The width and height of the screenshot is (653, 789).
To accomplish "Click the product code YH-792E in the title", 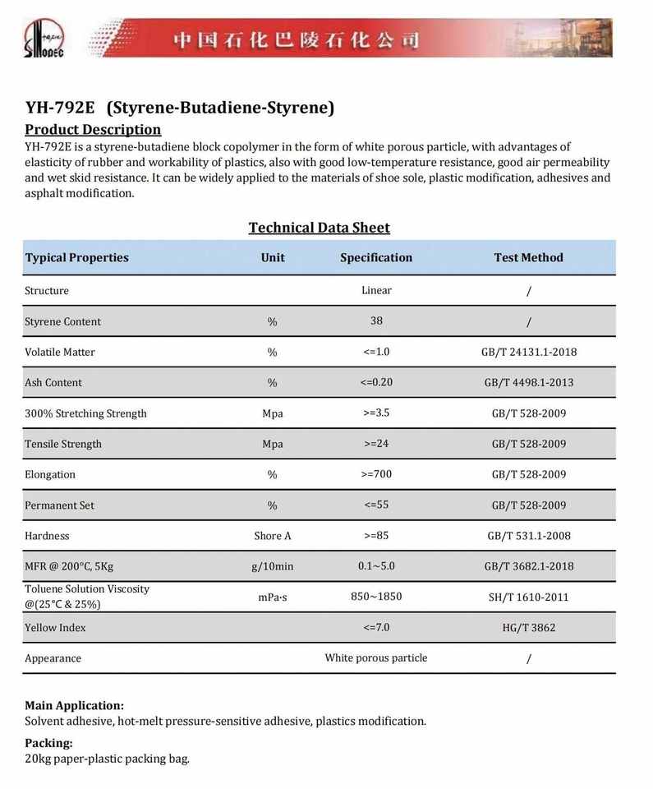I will pos(60,108).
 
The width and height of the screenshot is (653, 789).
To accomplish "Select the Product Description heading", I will pos(93,129).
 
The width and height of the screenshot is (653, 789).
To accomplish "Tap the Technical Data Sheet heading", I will pos(319,228).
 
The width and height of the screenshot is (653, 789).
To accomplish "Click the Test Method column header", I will pos(528,257).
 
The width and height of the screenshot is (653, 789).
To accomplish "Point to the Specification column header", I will pos(376,257).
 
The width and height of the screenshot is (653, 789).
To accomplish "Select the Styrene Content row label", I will pos(62,321).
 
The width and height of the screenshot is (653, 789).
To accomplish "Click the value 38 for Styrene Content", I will pos(376,321).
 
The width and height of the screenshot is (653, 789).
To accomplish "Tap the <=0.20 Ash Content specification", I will pos(376,382).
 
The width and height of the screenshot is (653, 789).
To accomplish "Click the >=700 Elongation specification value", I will pos(376,474).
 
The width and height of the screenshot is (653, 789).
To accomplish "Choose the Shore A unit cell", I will pos(273,536).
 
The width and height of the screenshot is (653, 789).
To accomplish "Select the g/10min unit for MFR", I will pos(273,566).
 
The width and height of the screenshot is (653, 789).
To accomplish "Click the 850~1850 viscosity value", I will pos(376,596).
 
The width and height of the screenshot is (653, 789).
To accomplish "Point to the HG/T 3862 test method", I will pos(528,628).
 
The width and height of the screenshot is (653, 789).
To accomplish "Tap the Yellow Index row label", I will pos(55,628).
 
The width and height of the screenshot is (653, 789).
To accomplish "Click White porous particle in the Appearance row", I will pos(376,657).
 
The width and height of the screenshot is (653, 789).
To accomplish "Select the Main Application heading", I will pos(74,705).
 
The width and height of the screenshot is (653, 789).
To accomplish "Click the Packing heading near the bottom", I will pos(48,743).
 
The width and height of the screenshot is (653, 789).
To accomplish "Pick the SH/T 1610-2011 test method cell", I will pos(528,597).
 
